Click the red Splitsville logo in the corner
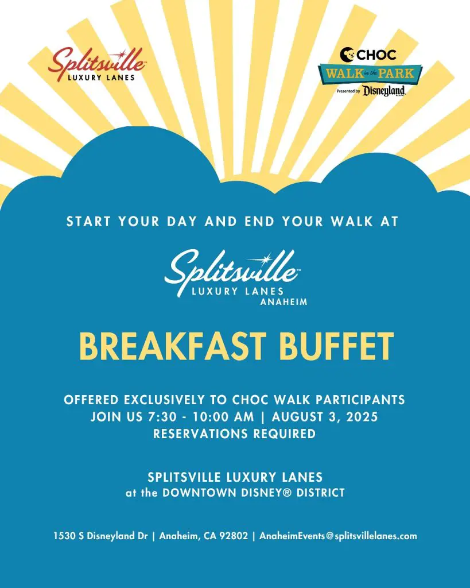(97, 64)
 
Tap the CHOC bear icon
(347, 55)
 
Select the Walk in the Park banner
(370, 73)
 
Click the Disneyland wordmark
(384, 91)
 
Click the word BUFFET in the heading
(336, 346)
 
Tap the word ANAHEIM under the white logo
(283, 302)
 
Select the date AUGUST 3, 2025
(325, 417)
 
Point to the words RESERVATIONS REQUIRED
(235, 434)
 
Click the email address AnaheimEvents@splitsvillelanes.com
(338, 536)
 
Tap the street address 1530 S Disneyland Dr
(101, 536)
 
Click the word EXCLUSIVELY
(165, 400)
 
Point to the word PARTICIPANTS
(360, 400)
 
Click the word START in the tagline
(88, 221)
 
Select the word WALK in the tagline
(352, 221)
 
